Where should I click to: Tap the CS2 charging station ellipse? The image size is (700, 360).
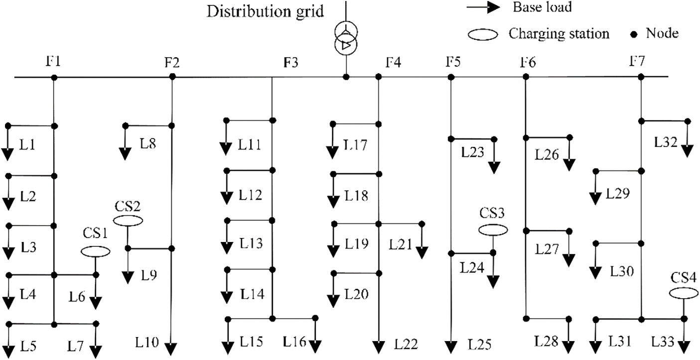128,220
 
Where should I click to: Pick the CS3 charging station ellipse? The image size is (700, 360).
493,230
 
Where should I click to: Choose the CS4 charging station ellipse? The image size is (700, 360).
684,293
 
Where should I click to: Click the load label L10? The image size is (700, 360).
146,343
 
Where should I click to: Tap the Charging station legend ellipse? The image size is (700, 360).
483,34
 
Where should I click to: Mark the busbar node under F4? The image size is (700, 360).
379,77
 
